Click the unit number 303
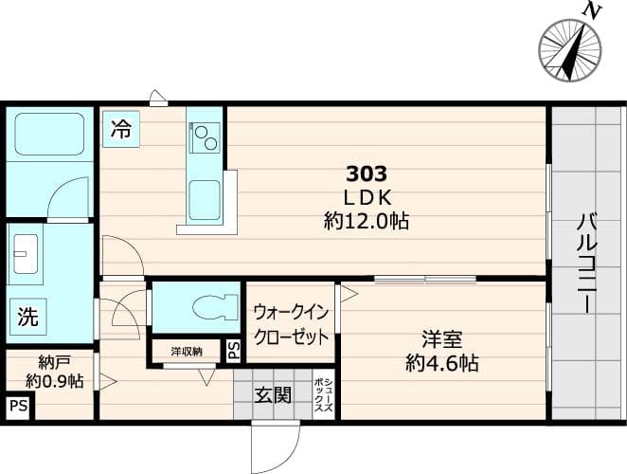coord(367,173)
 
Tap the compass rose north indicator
coord(570,50)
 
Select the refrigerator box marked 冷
coord(121,129)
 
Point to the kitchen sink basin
coord(205,200)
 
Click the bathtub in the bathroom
coord(49,134)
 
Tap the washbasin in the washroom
coord(26,253)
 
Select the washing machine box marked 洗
coord(28,317)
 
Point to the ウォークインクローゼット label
coord(291,324)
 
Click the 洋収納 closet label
coord(187,351)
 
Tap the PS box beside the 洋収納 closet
coord(234,350)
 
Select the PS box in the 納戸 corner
coord(19,406)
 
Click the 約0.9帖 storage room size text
coord(54,381)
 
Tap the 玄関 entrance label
coord(274,395)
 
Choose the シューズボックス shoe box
coord(324,394)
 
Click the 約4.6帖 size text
coord(442,363)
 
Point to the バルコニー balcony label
coord(586,264)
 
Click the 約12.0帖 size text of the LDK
coord(367,220)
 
